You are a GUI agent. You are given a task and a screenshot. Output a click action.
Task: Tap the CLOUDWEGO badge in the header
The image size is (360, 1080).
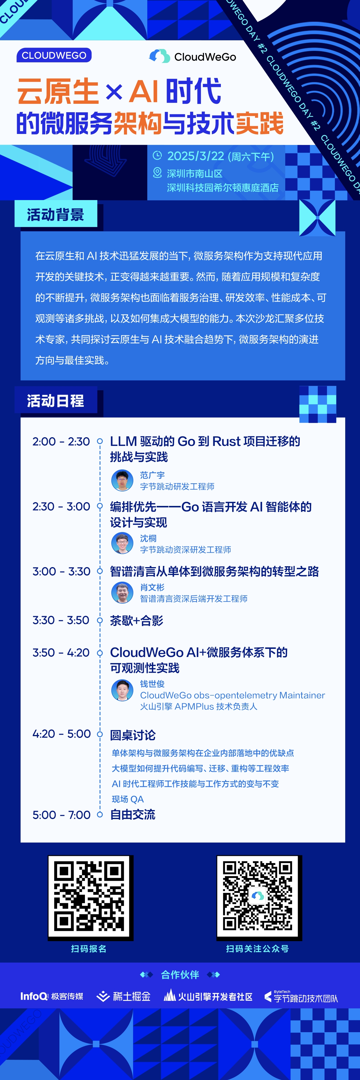point(54,55)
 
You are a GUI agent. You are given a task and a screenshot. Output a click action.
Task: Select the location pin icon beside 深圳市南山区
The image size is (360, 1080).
point(157,172)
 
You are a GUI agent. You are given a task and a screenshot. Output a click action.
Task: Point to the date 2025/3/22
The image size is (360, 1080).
point(196,156)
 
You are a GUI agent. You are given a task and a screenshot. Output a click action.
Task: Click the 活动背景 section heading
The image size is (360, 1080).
point(56,215)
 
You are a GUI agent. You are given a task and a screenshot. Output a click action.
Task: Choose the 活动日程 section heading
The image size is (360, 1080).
point(56,400)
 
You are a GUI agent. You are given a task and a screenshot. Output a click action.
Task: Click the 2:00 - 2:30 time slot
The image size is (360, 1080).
point(61,442)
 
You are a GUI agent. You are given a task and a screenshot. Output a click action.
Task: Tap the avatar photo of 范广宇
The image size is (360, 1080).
point(122,480)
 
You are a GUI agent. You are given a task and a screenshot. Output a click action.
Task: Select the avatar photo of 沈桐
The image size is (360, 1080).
point(122,543)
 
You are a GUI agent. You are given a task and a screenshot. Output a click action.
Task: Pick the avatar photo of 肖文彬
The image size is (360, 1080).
point(122,592)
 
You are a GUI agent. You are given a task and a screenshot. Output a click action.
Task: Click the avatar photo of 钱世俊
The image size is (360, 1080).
point(122,690)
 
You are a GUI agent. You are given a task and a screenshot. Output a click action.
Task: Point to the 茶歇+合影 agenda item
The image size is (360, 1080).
point(137,620)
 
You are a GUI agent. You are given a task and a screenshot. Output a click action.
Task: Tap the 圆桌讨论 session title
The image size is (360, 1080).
point(133,735)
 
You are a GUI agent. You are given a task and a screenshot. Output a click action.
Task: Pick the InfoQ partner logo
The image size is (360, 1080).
point(52,996)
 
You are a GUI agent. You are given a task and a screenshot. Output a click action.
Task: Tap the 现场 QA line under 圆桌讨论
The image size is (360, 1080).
point(128,799)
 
